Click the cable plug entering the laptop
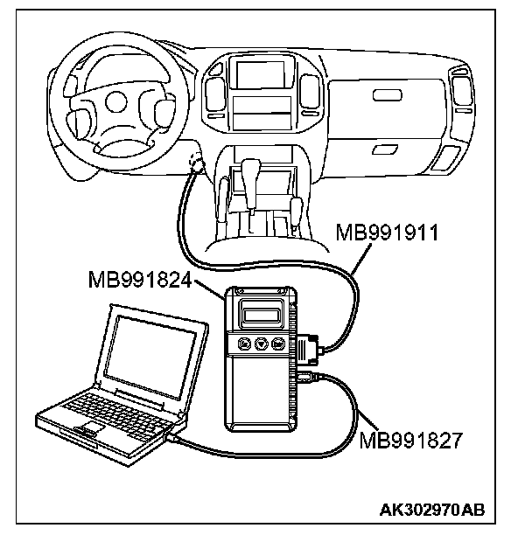click(178, 434)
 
